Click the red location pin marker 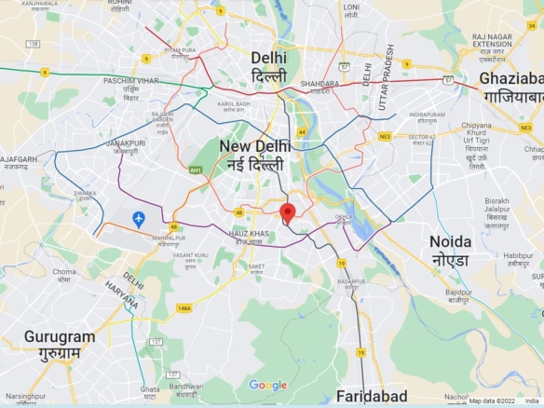click(288, 213)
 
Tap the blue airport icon click(139, 219)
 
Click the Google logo click(268, 386)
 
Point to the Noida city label click(450, 250)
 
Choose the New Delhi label click(254, 156)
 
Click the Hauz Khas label click(248, 237)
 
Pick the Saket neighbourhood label click(256, 266)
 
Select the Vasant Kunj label click(189, 258)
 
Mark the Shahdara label click(320, 87)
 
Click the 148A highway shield click(184, 307)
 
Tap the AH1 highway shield click(196, 170)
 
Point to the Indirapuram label click(427, 117)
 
